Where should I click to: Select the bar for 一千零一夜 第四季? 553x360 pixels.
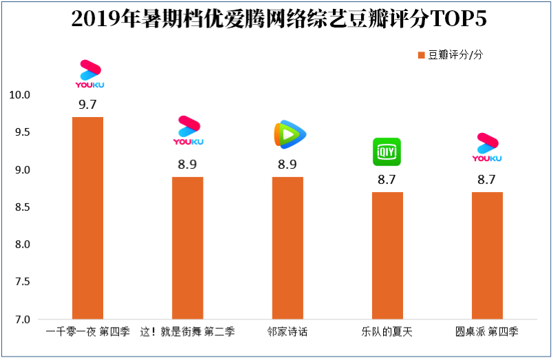point(87,218)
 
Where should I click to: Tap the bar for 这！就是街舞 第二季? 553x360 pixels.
point(187,248)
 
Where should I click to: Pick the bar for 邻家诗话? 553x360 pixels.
point(288,248)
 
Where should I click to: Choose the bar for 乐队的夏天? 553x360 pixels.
point(387,255)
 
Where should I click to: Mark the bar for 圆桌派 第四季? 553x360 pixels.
point(487,255)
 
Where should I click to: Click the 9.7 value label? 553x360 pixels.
point(87,106)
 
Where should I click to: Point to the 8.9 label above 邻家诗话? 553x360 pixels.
point(288,166)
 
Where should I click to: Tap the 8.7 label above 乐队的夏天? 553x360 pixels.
point(387,181)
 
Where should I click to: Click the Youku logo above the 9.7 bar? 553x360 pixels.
point(89,74)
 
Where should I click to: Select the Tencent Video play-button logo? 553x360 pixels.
point(289,134)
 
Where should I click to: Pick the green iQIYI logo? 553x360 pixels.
point(387,152)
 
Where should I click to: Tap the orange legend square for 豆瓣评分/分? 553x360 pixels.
point(421,55)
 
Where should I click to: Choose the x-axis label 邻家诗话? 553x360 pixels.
point(288,332)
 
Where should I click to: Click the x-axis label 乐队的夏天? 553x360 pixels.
point(387,332)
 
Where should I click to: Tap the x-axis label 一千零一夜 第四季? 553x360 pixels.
point(87,332)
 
